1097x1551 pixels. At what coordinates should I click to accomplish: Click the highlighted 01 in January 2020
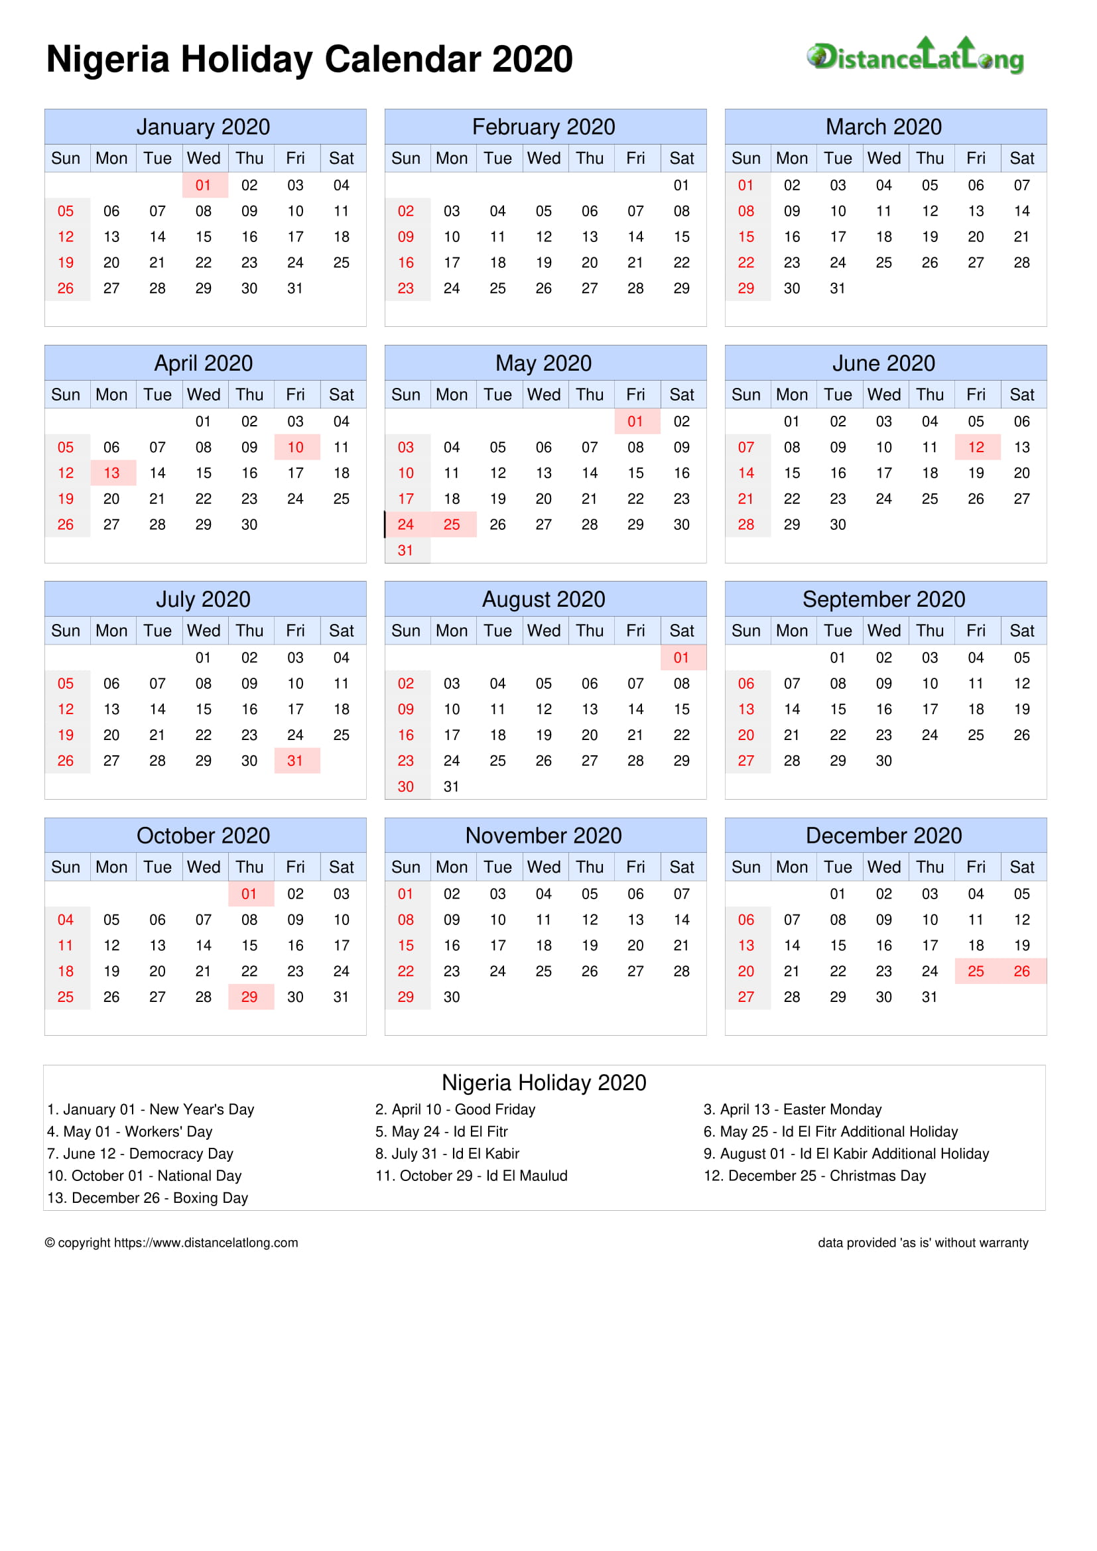tap(204, 185)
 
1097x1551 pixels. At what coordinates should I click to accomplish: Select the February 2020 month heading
tap(544, 127)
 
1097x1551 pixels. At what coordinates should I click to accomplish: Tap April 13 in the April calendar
tap(111, 473)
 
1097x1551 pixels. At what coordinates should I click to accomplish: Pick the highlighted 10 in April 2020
tap(295, 447)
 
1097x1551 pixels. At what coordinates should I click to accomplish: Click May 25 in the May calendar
tap(451, 525)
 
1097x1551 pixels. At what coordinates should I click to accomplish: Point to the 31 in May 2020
tap(405, 550)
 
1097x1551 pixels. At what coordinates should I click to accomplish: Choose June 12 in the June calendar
tap(976, 447)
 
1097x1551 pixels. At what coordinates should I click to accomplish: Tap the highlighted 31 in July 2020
tap(295, 761)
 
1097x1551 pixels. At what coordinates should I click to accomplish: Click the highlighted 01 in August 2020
tap(681, 657)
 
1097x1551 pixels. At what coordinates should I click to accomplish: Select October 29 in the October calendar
tap(249, 997)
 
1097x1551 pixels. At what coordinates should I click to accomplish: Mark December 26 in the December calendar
tap(1021, 971)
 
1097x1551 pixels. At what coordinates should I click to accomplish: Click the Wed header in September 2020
tap(883, 630)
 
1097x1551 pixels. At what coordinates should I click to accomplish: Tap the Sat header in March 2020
tap(1021, 158)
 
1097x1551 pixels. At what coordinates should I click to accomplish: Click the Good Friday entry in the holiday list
tap(455, 1109)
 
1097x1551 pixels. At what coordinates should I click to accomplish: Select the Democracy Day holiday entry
tap(140, 1153)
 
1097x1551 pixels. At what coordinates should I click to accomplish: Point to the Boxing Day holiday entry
tap(147, 1198)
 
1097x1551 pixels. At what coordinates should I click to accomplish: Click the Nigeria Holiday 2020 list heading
tap(544, 1083)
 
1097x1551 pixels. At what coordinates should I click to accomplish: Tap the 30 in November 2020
tap(451, 997)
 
